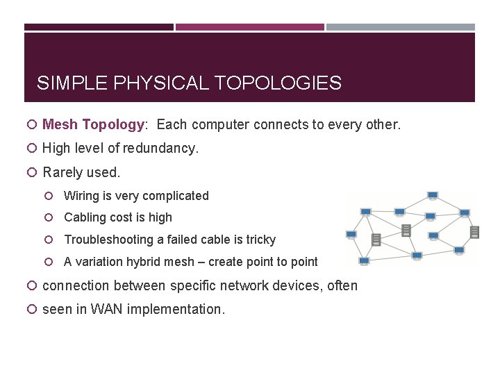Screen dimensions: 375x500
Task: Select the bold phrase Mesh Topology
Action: pos(93,125)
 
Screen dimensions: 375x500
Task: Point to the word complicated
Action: pos(175,196)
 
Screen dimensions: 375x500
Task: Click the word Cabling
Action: pos(86,217)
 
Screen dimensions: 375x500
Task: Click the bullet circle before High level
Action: pos(32,148)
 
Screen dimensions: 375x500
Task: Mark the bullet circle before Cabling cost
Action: pos(53,217)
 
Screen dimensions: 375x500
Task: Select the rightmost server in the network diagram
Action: pos(474,232)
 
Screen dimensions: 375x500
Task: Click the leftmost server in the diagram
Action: pos(376,240)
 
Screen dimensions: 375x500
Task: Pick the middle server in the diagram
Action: pos(406,230)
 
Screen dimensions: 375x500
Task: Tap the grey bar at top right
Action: pos(401,27)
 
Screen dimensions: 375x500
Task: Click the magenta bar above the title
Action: pos(250,27)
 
